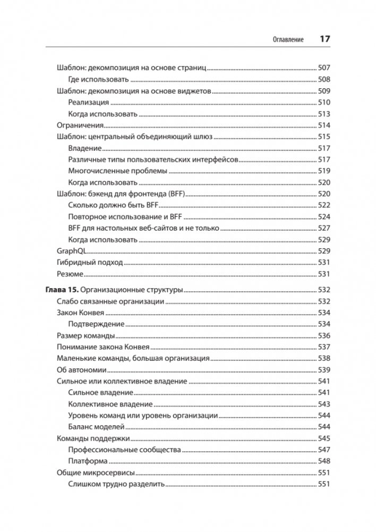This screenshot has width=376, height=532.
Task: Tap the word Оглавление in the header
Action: pyautogui.click(x=288, y=40)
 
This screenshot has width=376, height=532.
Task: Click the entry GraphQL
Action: pyautogui.click(x=71, y=250)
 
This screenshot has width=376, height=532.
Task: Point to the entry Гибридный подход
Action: pyautogui.click(x=89, y=263)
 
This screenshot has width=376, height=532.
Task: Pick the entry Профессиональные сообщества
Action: pyautogui.click(x=125, y=450)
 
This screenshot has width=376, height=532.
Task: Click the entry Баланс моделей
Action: pyautogui.click(x=97, y=427)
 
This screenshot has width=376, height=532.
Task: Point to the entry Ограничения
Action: pyautogui.click(x=79, y=125)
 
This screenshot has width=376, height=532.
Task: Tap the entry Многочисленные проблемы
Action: pyautogui.click(x=118, y=171)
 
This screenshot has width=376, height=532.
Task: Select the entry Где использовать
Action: pyautogui.click(x=99, y=80)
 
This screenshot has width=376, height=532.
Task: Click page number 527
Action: pyautogui.click(x=324, y=227)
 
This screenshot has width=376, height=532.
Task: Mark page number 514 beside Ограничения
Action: pyautogui.click(x=324, y=125)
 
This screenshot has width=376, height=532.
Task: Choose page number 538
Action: pyautogui.click(x=324, y=358)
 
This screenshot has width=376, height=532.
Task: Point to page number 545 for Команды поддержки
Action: pyautogui.click(x=324, y=438)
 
